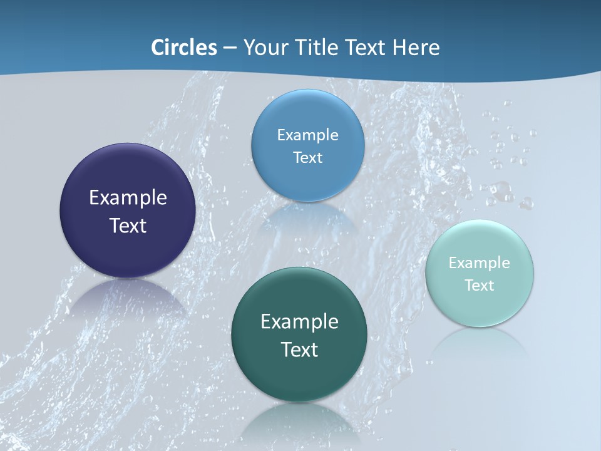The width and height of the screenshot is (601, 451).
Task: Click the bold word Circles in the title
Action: [184, 48]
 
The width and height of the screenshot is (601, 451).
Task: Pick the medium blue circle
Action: [308, 113]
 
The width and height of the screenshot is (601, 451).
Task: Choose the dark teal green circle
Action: [299, 376]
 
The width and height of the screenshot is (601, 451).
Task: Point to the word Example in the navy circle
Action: [128, 198]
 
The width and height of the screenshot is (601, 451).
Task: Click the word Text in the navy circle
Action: [128, 225]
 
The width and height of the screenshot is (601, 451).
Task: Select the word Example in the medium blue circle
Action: [307, 135]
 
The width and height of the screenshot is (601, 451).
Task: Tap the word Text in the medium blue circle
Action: [307, 158]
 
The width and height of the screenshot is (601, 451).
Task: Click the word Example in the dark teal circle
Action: [299, 322]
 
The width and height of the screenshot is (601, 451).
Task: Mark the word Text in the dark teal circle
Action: [299, 350]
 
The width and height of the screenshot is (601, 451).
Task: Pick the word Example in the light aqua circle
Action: [479, 263]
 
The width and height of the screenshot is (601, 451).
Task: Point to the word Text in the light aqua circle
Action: [480, 286]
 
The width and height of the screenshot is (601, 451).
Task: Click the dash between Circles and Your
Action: [230, 48]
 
